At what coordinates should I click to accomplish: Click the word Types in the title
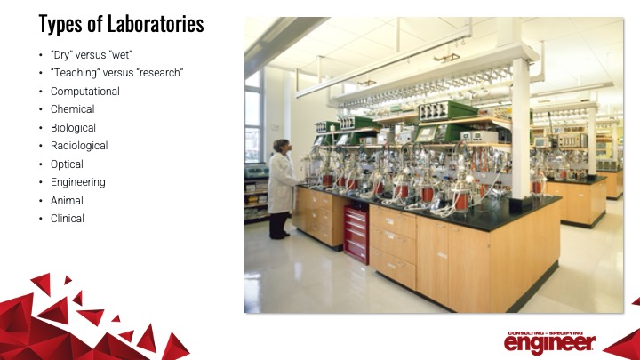(60, 23)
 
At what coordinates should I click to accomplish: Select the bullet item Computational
(85, 91)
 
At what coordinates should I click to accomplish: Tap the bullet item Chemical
(73, 109)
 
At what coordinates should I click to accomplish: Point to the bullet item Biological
(74, 127)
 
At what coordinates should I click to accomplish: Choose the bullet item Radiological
(79, 146)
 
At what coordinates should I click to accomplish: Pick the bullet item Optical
(68, 164)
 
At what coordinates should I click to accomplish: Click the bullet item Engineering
(78, 182)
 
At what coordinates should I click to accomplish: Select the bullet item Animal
(68, 200)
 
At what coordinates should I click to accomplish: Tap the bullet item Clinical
(68, 219)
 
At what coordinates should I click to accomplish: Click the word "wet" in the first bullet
(119, 54)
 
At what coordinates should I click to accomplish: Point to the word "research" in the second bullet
(157, 73)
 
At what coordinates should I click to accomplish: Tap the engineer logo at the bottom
(550, 340)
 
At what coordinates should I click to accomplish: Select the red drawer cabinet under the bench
(356, 233)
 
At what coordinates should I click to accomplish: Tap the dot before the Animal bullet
(40, 201)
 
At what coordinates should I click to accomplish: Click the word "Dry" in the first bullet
(62, 54)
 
